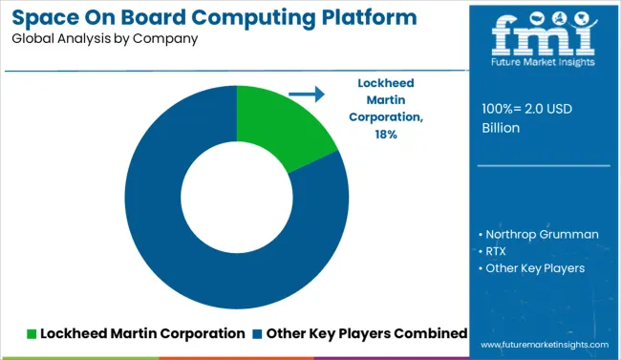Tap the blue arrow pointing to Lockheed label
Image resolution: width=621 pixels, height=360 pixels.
point(306,95)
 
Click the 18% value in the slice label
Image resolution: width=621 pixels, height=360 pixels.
point(386,135)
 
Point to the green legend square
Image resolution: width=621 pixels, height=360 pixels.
point(32,333)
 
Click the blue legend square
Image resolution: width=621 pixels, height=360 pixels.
point(258,333)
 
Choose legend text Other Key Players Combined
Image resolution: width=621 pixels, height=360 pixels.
point(367,333)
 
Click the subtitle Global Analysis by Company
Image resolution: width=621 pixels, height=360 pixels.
point(105,39)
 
